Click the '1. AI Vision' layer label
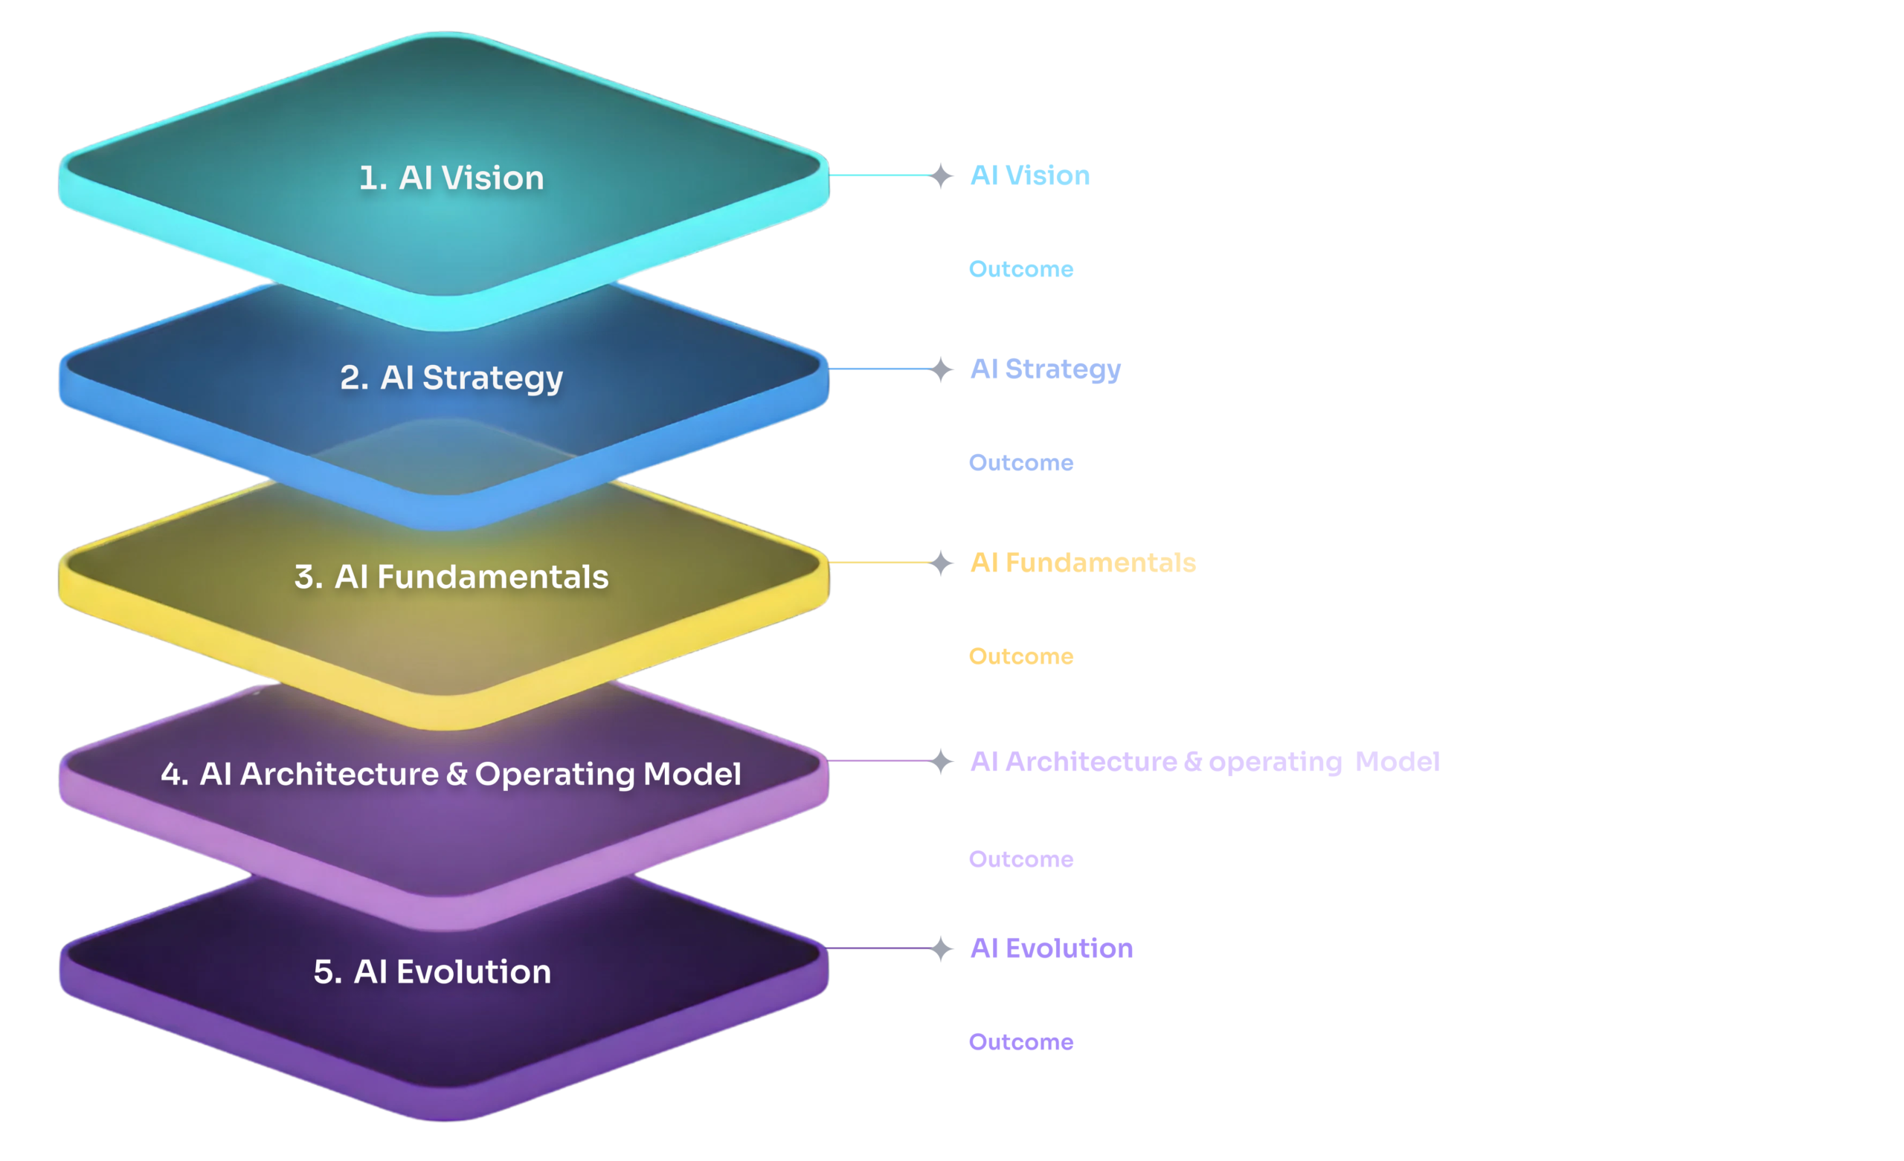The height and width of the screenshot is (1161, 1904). pyautogui.click(x=451, y=178)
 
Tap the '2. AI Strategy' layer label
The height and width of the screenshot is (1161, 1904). pyautogui.click(x=451, y=378)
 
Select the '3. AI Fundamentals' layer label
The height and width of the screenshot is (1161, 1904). pyautogui.click(x=451, y=577)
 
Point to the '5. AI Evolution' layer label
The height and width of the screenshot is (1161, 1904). pyautogui.click(x=432, y=971)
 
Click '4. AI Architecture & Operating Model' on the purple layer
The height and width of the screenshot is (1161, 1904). pyautogui.click(x=451, y=774)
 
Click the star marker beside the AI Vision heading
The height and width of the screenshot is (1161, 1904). pyautogui.click(x=940, y=176)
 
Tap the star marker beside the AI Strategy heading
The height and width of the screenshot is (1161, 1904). pyautogui.click(x=940, y=369)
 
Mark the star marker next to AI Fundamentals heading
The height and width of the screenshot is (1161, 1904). pyautogui.click(x=940, y=563)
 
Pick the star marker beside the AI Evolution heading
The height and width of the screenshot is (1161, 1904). pyautogui.click(x=940, y=948)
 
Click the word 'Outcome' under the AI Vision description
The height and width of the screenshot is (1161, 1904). pyautogui.click(x=1020, y=270)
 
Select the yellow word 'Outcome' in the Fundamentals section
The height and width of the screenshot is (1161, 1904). pyautogui.click(x=1020, y=656)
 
